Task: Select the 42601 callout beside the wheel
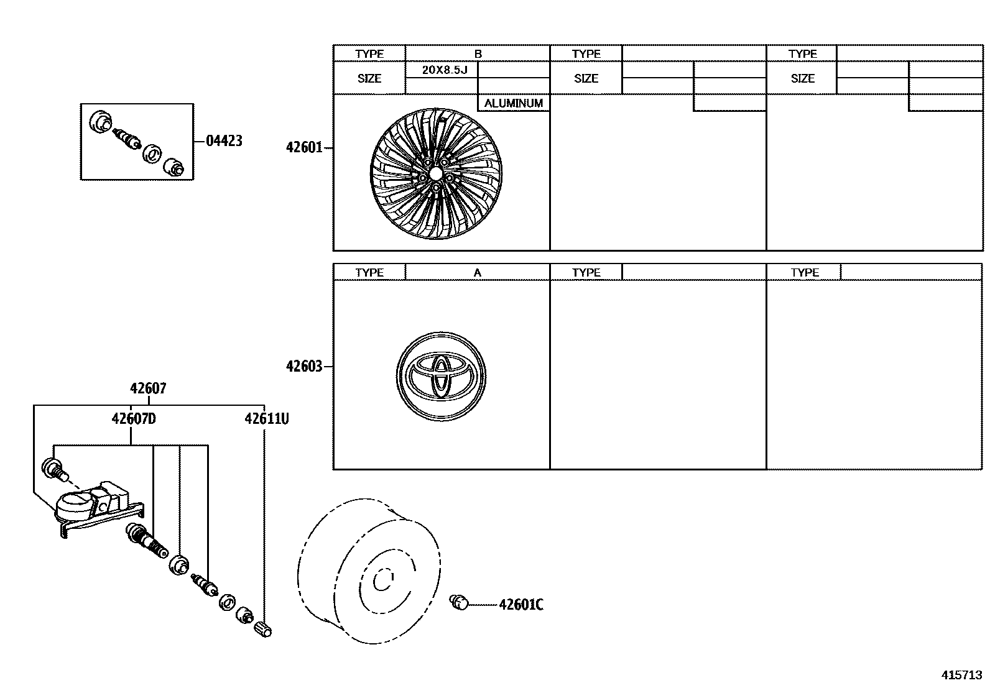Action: (304, 148)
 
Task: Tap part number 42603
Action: (304, 367)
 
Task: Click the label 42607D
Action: (134, 419)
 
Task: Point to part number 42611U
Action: (266, 419)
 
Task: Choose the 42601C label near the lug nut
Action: (520, 605)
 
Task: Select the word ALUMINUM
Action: (514, 103)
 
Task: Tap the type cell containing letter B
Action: (478, 54)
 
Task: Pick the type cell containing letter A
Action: (478, 273)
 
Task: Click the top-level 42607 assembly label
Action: (148, 388)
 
